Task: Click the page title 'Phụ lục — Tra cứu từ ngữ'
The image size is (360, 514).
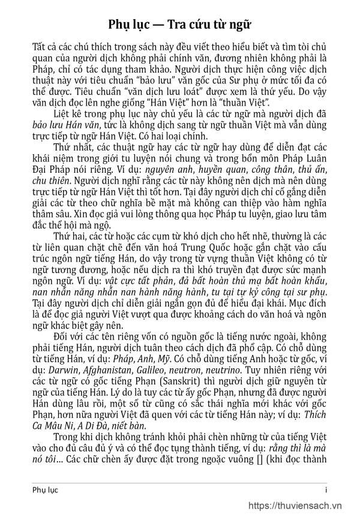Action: [x=180, y=25]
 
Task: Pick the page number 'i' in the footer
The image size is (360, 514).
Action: [x=326, y=489]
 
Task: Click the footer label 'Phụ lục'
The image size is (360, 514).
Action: [x=46, y=489]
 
